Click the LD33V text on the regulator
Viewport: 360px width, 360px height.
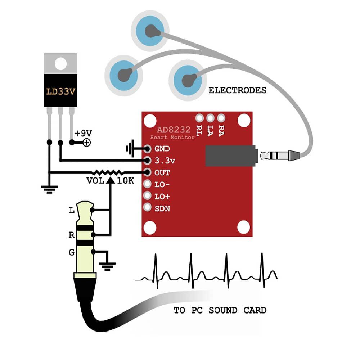[x=60, y=91]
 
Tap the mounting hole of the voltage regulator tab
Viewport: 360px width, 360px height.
[x=60, y=64]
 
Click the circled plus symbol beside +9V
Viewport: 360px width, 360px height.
[x=87, y=143]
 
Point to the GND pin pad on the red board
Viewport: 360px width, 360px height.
[x=147, y=148]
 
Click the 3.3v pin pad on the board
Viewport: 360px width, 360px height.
[x=147, y=160]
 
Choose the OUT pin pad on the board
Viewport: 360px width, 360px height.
[x=147, y=172]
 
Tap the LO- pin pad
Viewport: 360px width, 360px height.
[x=147, y=184]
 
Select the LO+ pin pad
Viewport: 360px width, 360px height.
[x=147, y=196]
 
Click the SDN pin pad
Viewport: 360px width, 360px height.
[x=147, y=208]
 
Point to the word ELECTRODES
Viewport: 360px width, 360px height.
[x=237, y=90]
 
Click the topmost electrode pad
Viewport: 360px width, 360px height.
[x=150, y=31]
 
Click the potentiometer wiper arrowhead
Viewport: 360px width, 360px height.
[x=111, y=180]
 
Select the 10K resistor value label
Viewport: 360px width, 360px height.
[x=126, y=181]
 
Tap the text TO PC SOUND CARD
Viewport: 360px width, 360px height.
[x=220, y=310]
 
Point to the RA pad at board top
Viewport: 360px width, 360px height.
[x=221, y=118]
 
